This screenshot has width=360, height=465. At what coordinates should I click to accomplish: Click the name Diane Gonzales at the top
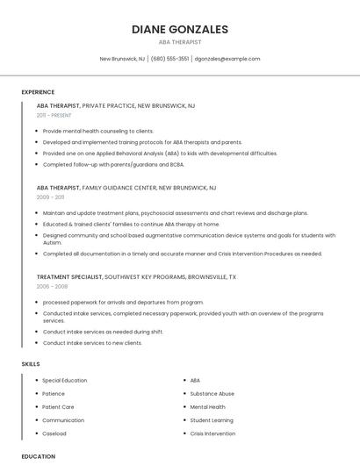pyautogui.click(x=180, y=29)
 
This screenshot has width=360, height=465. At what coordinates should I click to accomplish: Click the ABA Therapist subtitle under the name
pyautogui.click(x=180, y=42)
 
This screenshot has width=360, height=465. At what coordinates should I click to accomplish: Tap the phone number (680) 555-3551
pyautogui.click(x=169, y=59)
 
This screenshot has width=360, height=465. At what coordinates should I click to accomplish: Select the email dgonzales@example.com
pyautogui.click(x=227, y=59)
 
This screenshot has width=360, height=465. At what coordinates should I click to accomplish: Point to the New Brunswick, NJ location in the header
pyautogui.click(x=123, y=59)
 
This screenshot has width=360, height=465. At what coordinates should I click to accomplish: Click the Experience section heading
pyautogui.click(x=38, y=92)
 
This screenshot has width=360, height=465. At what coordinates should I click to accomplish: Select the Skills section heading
pyautogui.click(x=31, y=363)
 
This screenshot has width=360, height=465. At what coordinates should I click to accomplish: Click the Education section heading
pyautogui.click(x=39, y=456)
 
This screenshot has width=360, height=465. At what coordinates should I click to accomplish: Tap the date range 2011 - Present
pyautogui.click(x=54, y=115)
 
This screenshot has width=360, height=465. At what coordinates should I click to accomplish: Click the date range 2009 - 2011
pyautogui.click(x=50, y=197)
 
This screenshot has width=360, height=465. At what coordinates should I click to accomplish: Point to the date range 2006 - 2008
pyautogui.click(x=52, y=286)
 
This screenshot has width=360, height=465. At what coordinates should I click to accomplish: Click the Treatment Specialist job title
pyautogui.click(x=69, y=276)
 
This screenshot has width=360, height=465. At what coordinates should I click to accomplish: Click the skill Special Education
pyautogui.click(x=65, y=381)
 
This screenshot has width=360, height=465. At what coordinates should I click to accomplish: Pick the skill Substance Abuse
pyautogui.click(x=212, y=394)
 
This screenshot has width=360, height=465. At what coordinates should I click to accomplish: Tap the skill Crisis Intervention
pyautogui.click(x=212, y=433)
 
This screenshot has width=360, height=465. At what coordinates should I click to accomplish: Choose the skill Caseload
pyautogui.click(x=54, y=433)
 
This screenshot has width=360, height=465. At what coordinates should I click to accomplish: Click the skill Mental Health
pyautogui.click(x=208, y=407)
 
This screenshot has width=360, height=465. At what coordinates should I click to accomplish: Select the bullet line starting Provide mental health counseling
pyautogui.click(x=98, y=131)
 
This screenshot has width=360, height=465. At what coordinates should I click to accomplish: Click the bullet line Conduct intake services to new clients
pyautogui.click(x=92, y=343)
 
